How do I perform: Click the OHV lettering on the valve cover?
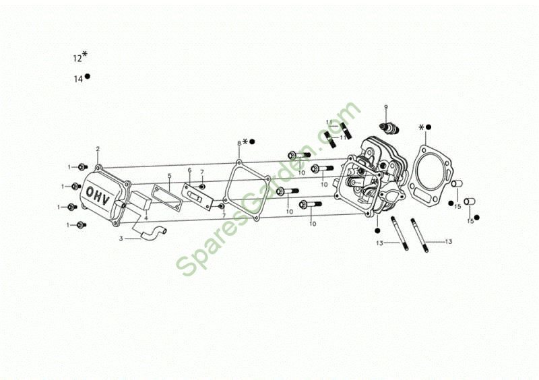point(98,195)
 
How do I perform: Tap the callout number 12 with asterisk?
point(80,57)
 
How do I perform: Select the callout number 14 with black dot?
point(82,78)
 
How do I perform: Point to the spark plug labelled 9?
point(390,129)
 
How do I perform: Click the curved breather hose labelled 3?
point(153,232)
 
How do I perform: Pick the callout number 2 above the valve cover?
point(98,149)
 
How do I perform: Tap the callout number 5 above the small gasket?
point(169,176)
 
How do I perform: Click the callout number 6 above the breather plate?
point(189,170)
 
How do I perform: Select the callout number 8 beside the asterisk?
point(239,143)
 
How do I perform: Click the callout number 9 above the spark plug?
point(385,107)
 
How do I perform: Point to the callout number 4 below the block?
point(146,218)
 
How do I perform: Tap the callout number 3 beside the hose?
point(121,239)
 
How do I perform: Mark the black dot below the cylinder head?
point(377,230)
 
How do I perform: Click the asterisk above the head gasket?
point(422,127)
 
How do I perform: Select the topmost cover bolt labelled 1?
point(82,167)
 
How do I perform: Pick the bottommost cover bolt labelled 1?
point(82,225)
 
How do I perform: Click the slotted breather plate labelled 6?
point(197,197)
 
